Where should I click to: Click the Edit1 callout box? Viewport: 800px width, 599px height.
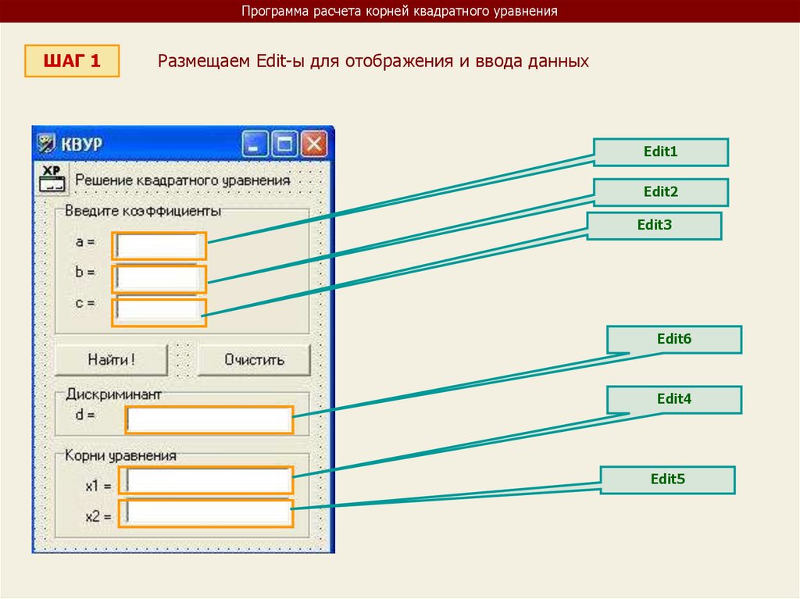tap(660, 152)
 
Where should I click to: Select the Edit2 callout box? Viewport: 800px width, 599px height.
tap(660, 192)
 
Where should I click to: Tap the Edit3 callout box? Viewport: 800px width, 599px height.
tap(654, 226)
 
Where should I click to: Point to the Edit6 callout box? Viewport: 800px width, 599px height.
tap(674, 340)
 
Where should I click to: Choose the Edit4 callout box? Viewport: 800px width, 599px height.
tap(674, 399)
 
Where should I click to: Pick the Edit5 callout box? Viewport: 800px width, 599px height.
tap(667, 480)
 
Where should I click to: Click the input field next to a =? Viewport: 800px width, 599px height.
tap(159, 246)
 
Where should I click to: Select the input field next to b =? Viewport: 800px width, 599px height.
tap(159, 279)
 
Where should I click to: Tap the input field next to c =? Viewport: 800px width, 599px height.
tap(159, 312)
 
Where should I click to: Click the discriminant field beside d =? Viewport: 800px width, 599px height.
tap(209, 420)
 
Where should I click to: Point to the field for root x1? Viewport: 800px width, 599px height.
tap(207, 480)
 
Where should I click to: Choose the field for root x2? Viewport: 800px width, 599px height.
tap(207, 512)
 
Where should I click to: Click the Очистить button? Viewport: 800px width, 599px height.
tap(254, 360)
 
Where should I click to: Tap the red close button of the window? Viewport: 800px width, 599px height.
tap(314, 144)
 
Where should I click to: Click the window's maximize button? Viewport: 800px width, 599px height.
tap(285, 144)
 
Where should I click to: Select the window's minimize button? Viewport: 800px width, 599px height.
tap(255, 144)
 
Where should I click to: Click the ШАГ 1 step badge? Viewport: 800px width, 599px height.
tap(72, 61)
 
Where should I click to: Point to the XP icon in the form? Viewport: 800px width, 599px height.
tap(51, 178)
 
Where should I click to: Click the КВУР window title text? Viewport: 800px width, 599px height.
tap(82, 145)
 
